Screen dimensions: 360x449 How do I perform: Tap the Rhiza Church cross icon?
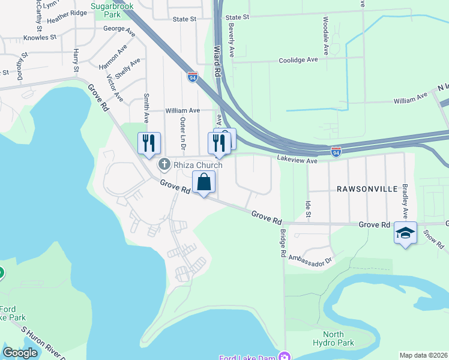(x=163, y=164)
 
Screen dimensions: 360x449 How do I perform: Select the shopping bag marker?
(x=204, y=182)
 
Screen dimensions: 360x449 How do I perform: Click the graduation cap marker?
(x=405, y=232)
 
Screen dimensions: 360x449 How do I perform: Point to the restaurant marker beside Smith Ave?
(x=149, y=143)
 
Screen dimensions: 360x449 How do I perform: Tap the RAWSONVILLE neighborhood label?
(x=367, y=189)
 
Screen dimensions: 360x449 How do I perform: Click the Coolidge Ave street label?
(x=298, y=60)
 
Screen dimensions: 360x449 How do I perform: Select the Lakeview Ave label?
(x=297, y=160)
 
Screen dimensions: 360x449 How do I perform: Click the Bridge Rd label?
(x=283, y=242)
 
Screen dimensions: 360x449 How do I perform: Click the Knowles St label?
(x=40, y=37)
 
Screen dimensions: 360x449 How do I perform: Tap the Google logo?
(x=20, y=353)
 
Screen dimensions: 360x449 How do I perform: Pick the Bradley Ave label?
(x=405, y=201)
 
